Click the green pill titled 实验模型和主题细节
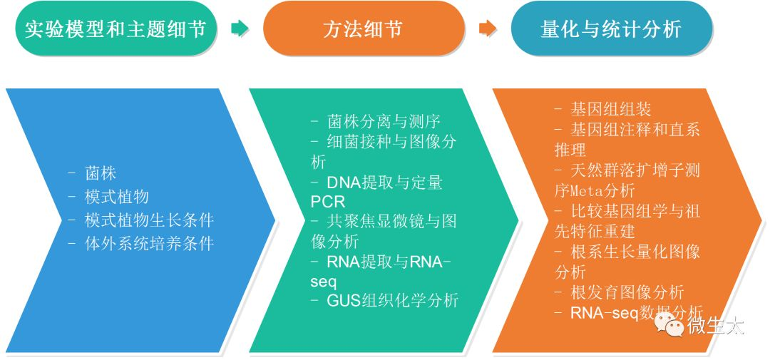coord(115,29)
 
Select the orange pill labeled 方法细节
coord(364,29)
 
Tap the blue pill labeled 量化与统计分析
coord(611,29)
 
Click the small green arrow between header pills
coord(240,29)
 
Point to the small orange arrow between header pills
coord(488,29)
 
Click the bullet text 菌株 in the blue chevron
coord(101,173)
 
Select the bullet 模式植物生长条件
coord(149,220)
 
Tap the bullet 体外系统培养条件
coord(149,244)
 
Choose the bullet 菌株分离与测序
coord(389,121)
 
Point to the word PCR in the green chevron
coord(328,202)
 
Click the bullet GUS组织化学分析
coord(392,300)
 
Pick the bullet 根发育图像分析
coord(627,292)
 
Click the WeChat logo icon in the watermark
coord(669,325)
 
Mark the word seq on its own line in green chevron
coord(324,281)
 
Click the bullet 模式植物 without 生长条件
coord(116,197)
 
